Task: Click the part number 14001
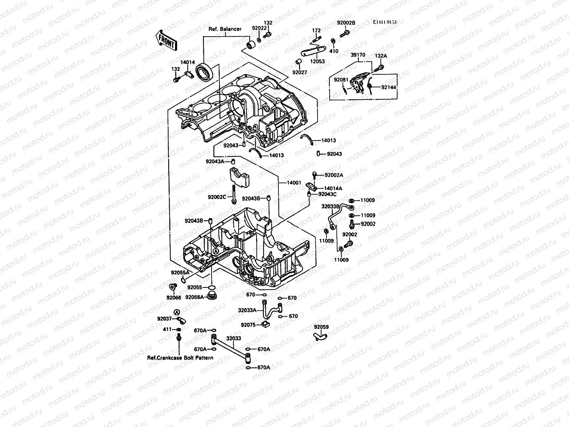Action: (294, 183)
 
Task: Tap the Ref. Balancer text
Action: (225, 29)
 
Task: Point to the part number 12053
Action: (318, 61)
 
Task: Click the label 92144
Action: (388, 87)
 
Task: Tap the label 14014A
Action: (333, 188)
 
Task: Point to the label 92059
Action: (321, 327)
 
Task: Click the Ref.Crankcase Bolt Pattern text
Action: (180, 357)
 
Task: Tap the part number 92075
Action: (248, 325)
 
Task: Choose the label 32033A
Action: (247, 310)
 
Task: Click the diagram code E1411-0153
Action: (385, 22)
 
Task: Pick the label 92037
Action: (165, 318)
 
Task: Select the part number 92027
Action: (299, 72)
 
